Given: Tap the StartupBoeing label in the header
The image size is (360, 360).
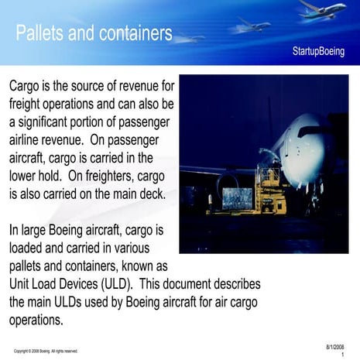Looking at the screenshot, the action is click(x=318, y=51).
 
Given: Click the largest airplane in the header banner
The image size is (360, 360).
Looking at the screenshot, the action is click(x=323, y=10).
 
